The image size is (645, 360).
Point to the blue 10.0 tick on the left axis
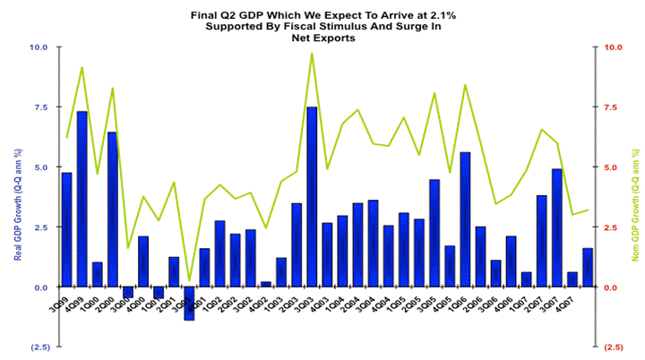tap(40, 47)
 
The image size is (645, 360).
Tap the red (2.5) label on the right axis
tap(615, 347)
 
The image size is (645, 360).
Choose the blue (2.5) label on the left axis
tap(39, 347)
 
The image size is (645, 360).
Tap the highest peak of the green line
tap(312, 54)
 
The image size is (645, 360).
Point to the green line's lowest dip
tap(189, 280)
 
